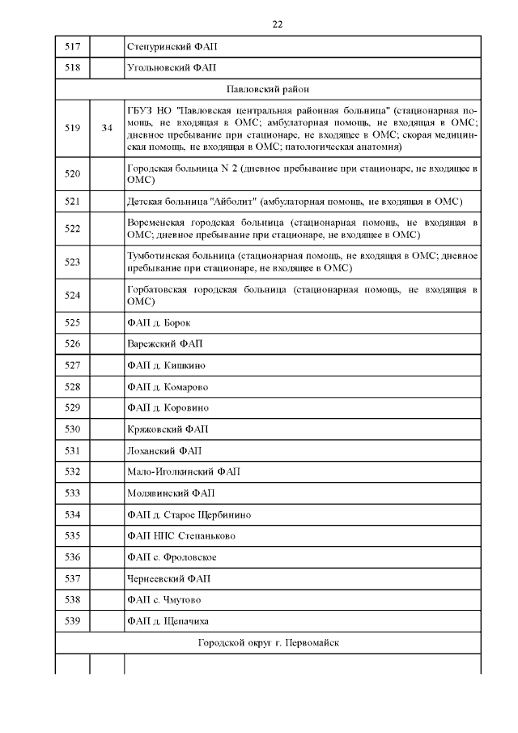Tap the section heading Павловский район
coord(268,89)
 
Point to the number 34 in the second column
coord(107,128)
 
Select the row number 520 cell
coord(72,174)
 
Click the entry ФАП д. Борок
coord(159,323)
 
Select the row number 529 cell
coord(72,408)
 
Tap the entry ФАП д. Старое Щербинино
coord(189,514)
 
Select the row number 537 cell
coord(72,578)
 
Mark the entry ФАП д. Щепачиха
coord(168,620)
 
